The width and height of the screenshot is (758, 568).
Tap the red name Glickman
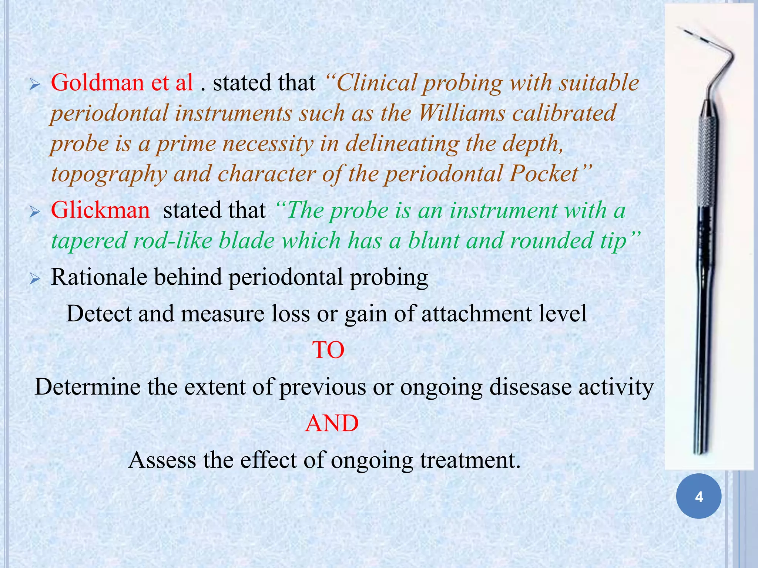click(x=100, y=210)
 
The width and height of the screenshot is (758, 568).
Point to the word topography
click(x=109, y=175)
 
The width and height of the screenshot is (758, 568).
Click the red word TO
click(x=328, y=350)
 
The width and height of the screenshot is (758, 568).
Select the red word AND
click(x=332, y=423)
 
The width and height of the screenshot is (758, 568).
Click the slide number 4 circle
click(x=698, y=496)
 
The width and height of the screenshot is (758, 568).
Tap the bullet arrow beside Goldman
click(x=35, y=85)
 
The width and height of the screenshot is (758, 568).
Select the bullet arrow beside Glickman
click(x=35, y=213)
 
